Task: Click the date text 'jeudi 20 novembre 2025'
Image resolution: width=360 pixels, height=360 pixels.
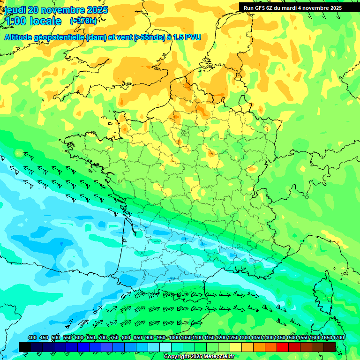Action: (55, 10)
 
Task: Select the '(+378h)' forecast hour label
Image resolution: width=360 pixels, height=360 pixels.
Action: (83, 21)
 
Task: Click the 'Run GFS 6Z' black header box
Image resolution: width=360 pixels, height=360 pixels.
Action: (292, 7)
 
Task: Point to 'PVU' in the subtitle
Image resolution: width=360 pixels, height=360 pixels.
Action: (193, 37)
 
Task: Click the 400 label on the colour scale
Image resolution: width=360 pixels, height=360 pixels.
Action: (32, 337)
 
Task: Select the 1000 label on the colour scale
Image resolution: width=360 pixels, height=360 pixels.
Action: (174, 337)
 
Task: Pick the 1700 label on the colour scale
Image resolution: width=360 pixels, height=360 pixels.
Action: (338, 337)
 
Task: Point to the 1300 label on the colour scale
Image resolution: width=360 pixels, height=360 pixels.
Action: (245, 337)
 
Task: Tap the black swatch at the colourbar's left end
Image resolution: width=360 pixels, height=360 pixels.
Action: (25, 347)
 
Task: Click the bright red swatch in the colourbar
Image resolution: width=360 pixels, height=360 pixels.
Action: (283, 347)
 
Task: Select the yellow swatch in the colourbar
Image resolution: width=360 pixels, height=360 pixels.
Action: (236, 347)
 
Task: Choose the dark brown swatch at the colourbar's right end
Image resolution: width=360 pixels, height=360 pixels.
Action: (330, 347)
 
